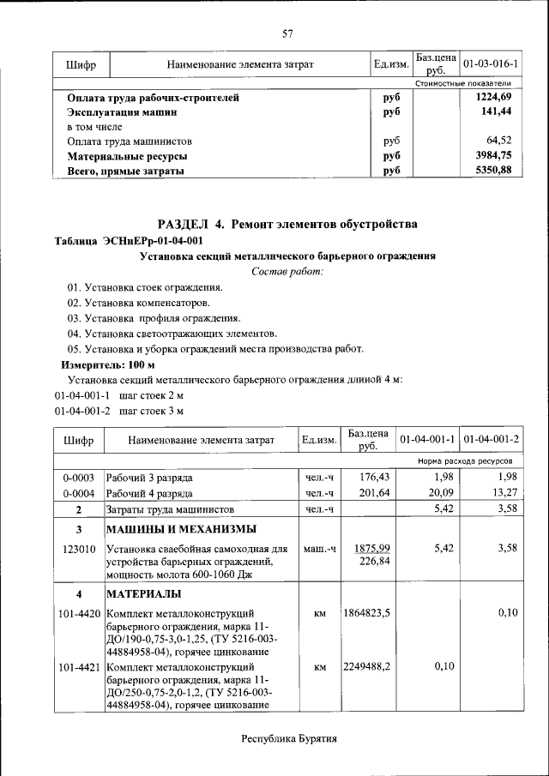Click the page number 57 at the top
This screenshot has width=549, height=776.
point(288,34)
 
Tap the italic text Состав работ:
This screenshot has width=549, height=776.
point(287,272)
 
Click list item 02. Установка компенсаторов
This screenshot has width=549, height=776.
point(138,303)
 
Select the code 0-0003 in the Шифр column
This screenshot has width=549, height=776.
point(78,477)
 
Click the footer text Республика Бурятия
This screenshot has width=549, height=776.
point(288,738)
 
